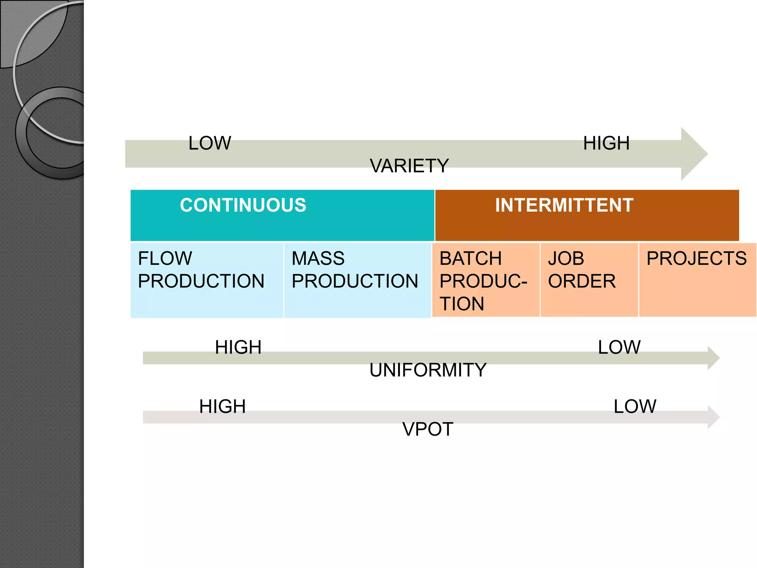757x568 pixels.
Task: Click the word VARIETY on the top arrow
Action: click(x=409, y=166)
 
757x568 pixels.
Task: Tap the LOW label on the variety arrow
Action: click(x=210, y=143)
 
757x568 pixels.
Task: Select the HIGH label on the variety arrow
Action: click(x=606, y=143)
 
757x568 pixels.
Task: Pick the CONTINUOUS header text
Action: click(x=243, y=205)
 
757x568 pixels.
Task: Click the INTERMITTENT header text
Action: click(x=564, y=205)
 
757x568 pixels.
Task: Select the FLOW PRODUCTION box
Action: click(x=207, y=280)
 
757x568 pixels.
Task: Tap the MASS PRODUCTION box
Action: click(x=357, y=280)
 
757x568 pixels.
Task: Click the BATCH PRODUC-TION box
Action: click(x=485, y=280)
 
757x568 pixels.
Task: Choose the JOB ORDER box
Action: click(x=589, y=280)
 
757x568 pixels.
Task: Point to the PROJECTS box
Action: click(x=697, y=280)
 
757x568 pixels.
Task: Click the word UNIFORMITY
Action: click(x=428, y=370)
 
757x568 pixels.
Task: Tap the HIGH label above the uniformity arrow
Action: click(x=238, y=347)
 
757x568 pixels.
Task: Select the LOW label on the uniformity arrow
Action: click(x=619, y=347)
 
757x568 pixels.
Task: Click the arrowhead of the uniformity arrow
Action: click(x=713, y=358)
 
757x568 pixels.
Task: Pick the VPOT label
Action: click(x=428, y=429)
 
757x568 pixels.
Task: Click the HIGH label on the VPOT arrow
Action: click(x=222, y=406)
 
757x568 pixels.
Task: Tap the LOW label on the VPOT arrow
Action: click(x=635, y=406)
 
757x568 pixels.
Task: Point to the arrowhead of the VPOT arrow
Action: click(x=713, y=417)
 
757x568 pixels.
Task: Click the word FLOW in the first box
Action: click(x=165, y=258)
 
